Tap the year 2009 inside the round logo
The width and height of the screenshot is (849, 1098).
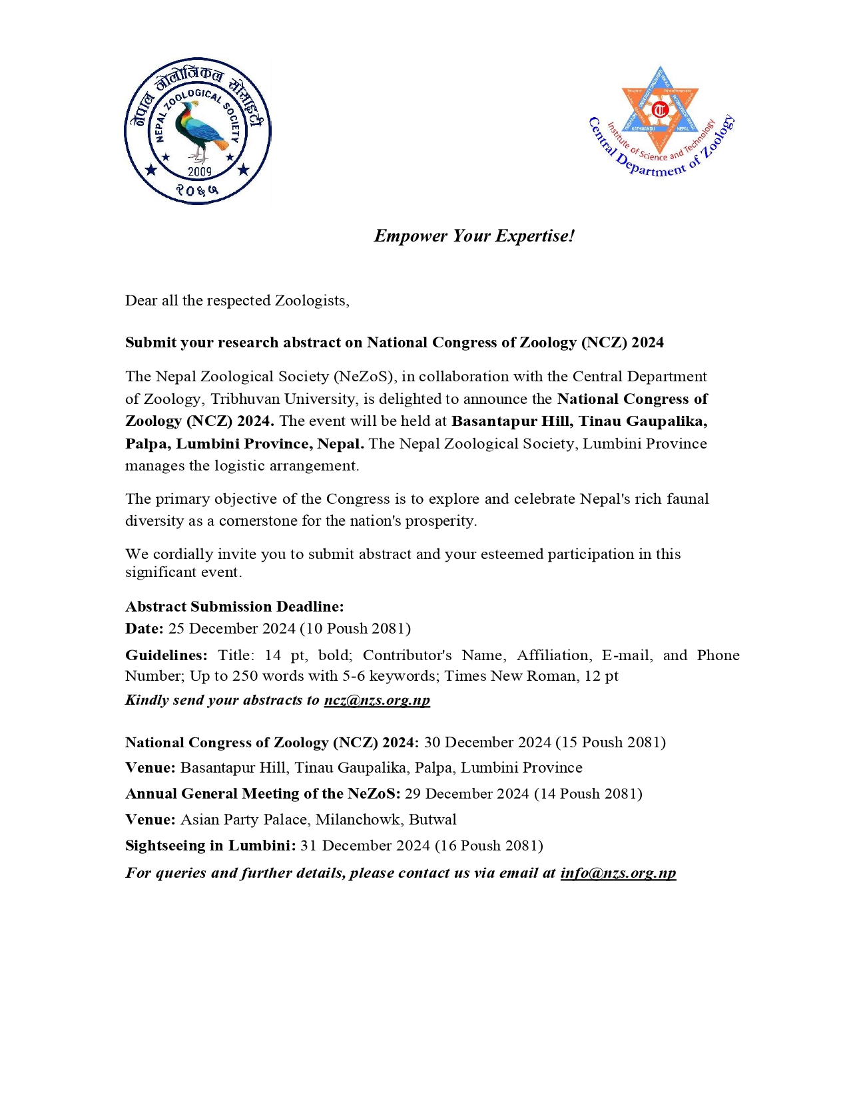click(199, 172)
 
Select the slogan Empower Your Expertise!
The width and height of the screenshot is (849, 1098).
click(473, 236)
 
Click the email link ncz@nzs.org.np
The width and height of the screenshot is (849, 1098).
click(377, 700)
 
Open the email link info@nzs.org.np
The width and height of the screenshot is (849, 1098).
click(618, 873)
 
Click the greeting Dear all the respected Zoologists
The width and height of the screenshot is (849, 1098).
click(237, 301)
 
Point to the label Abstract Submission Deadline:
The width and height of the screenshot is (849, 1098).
click(234, 606)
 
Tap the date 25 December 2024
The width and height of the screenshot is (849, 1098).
click(232, 629)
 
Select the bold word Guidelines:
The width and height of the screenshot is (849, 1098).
click(166, 655)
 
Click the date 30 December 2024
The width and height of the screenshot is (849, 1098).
click(487, 743)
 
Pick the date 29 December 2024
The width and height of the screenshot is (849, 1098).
click(467, 794)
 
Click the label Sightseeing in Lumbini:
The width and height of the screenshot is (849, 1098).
click(210, 846)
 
